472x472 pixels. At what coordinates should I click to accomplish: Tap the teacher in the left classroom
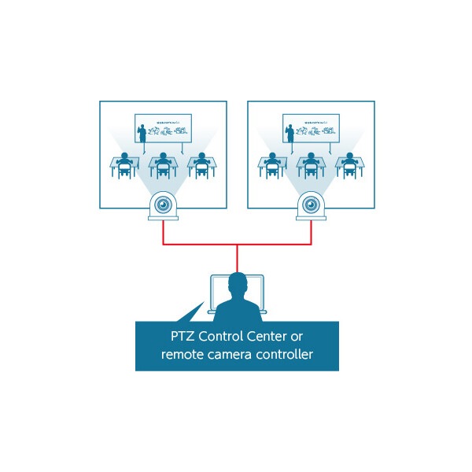[x=143, y=133]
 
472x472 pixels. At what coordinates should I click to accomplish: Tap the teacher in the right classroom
[x=290, y=133]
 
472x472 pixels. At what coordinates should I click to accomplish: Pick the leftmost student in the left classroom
[x=124, y=164]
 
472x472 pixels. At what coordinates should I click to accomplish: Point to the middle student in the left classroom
[x=163, y=164]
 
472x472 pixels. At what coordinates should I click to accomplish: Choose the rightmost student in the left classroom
[x=202, y=164]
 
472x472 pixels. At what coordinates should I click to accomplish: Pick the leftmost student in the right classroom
[x=272, y=164]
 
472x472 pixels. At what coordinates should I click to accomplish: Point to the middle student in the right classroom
[x=311, y=164]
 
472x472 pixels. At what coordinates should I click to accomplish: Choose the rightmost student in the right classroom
[x=349, y=164]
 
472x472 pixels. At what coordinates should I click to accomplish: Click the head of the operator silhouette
[x=236, y=283]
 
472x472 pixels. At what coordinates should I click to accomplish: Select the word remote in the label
[x=183, y=355]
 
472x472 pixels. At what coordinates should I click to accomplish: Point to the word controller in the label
[x=284, y=355]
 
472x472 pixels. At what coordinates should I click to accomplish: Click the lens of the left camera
[x=163, y=205]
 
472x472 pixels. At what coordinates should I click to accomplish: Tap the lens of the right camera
[x=311, y=205]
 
